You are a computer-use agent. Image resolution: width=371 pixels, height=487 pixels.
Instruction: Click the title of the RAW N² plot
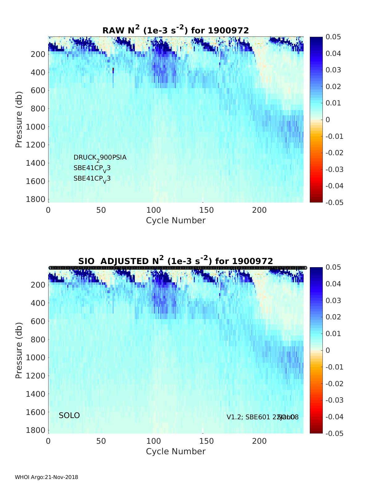click(176, 30)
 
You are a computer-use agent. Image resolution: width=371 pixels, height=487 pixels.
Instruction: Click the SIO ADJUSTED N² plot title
click(176, 261)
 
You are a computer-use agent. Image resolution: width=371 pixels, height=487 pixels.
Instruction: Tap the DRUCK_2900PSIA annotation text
click(100, 158)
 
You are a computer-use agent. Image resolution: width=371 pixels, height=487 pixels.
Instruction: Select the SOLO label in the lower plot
click(69, 416)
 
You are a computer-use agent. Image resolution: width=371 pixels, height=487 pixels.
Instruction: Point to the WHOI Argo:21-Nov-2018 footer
click(46, 477)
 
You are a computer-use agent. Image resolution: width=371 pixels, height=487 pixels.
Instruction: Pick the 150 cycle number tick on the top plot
click(207, 210)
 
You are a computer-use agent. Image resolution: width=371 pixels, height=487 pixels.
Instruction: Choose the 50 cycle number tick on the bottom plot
click(101, 441)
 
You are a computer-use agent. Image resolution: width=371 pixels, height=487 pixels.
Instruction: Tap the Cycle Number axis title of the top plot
click(176, 220)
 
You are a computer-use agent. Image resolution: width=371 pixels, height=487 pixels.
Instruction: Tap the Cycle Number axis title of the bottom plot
click(176, 451)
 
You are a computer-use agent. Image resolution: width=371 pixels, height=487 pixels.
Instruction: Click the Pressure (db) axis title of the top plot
click(19, 119)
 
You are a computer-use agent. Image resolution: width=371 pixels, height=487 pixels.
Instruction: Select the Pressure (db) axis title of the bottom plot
click(19, 350)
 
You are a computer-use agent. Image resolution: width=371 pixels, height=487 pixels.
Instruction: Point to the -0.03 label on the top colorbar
click(334, 169)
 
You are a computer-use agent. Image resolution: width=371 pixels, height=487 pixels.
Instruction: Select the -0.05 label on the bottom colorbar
click(334, 433)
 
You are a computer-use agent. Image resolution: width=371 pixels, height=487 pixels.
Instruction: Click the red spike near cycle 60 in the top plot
click(113, 70)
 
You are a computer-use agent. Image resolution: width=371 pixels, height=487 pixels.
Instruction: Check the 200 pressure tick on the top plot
click(38, 54)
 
